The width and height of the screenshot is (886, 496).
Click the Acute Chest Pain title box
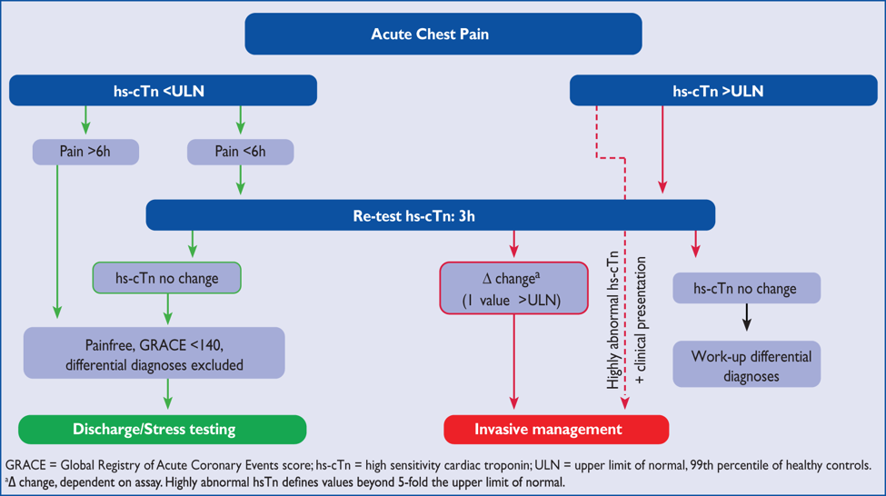(443, 35)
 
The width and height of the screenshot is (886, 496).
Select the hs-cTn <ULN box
(163, 91)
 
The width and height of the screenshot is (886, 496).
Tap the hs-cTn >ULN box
(717, 91)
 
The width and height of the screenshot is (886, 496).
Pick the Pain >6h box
(85, 152)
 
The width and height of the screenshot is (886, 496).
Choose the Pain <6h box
(240, 152)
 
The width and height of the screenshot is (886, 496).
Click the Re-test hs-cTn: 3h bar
(430, 215)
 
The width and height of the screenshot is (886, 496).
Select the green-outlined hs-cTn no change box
(166, 278)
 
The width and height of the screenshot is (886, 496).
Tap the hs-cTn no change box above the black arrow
(745, 289)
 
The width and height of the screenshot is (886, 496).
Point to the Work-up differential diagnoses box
(745, 364)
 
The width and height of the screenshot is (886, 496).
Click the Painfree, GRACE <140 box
(154, 353)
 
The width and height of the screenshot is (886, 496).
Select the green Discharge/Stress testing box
(162, 429)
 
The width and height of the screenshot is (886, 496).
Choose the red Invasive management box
(555, 429)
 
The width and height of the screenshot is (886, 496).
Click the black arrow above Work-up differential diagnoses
(746, 317)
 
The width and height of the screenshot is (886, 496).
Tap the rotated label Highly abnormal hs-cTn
(614, 320)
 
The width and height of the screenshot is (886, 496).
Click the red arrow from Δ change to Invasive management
(514, 363)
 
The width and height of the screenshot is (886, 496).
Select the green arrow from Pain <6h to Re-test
(240, 180)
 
